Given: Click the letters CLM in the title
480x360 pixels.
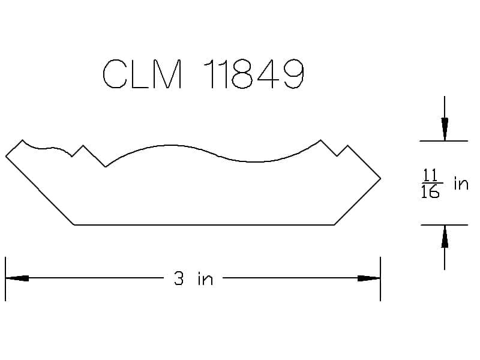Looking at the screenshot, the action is (x=142, y=74).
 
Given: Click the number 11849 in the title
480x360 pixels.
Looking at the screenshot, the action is (x=254, y=74).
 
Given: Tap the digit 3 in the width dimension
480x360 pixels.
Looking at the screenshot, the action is (x=179, y=278).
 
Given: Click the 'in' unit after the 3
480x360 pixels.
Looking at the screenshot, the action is (x=205, y=279).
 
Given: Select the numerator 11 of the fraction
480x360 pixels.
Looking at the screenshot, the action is (x=430, y=175).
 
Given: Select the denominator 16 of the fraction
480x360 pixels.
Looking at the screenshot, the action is (x=430, y=191).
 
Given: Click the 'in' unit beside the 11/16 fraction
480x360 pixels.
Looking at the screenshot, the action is (x=461, y=184).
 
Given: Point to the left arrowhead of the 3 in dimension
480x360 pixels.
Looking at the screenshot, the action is (x=17, y=278).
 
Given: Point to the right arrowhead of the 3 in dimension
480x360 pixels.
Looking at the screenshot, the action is (x=369, y=278).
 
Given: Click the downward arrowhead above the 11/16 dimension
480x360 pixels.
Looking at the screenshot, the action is (x=445, y=129).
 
